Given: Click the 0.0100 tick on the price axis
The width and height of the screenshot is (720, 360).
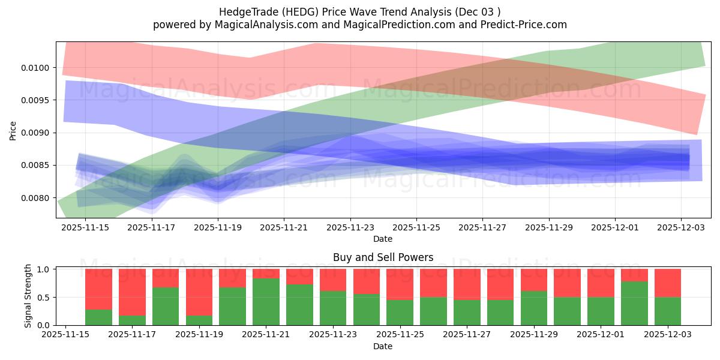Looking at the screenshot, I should pyautogui.click(x=38, y=67).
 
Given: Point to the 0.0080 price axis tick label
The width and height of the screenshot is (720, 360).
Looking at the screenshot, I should pyautogui.click(x=38, y=198).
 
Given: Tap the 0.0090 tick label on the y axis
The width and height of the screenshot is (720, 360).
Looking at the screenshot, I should pyautogui.click(x=38, y=133).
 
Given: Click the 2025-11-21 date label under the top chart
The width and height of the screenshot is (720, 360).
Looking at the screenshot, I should pyautogui.click(x=284, y=227).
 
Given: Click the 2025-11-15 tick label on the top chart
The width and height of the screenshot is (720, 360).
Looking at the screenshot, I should pyautogui.click(x=85, y=227).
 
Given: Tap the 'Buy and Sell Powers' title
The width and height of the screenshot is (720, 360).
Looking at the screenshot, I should pyautogui.click(x=383, y=257).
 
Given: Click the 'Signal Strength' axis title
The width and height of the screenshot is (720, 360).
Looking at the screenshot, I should pyautogui.click(x=28, y=296).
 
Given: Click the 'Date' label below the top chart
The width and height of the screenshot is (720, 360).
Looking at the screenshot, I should pyautogui.click(x=383, y=239).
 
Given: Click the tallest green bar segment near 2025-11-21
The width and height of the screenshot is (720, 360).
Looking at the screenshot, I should pyautogui.click(x=266, y=301).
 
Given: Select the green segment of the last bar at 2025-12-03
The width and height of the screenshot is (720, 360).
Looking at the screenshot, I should pyautogui.click(x=667, y=311).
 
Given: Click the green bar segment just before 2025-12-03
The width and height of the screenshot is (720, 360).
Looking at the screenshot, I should pyautogui.click(x=634, y=303).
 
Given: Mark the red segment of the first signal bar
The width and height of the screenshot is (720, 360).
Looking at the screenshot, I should pyautogui.click(x=98, y=289).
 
